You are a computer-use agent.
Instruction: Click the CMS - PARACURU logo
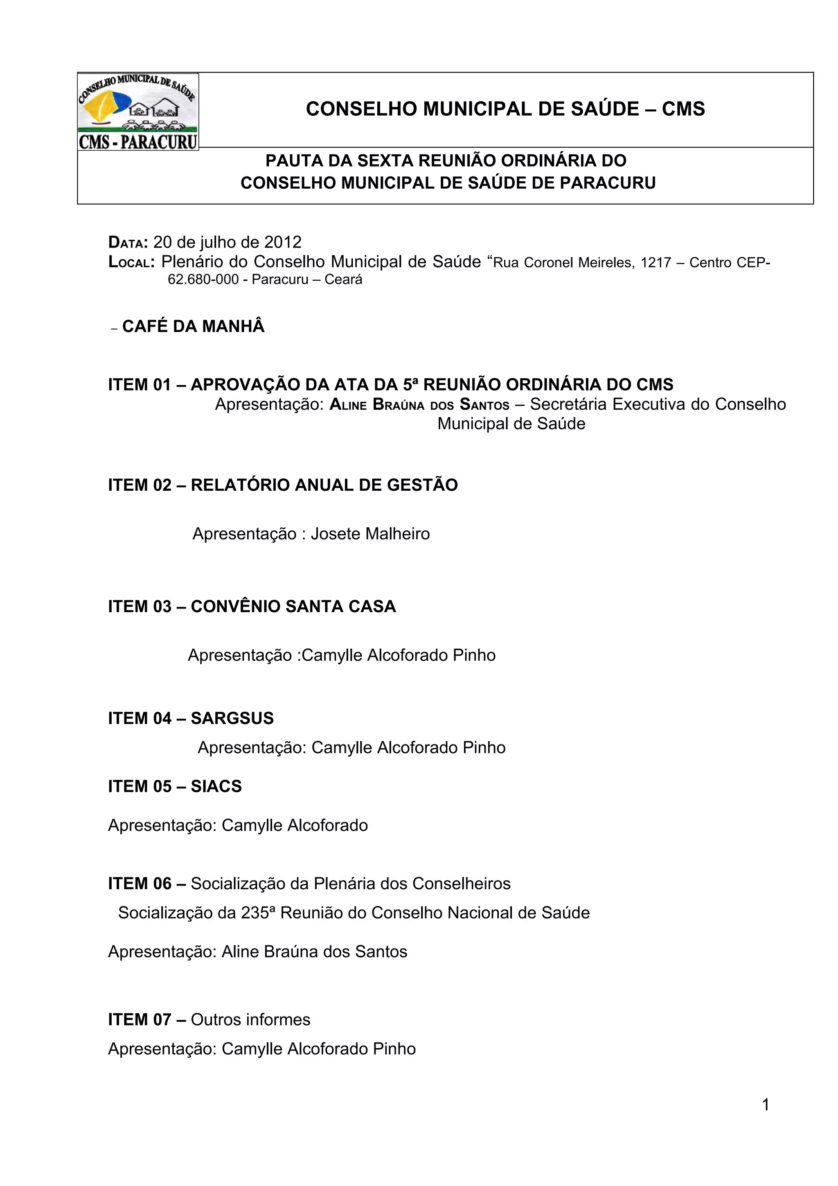138,112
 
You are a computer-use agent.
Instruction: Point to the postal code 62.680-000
203,280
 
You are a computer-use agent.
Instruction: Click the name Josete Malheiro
370,534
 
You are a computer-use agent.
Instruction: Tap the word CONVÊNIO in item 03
235,607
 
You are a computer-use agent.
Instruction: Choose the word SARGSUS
232,718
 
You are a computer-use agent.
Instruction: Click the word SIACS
216,786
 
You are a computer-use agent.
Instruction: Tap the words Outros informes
250,1020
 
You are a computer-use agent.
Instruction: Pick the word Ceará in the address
343,280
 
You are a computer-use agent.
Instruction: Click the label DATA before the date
128,242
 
